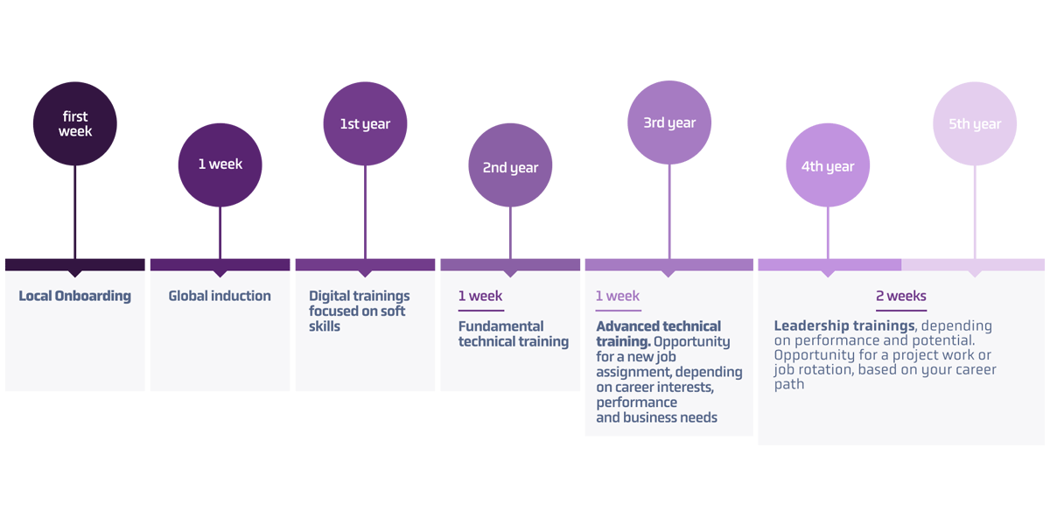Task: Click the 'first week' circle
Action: coord(75,123)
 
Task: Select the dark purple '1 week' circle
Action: coord(220,164)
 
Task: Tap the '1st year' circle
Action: coord(365,123)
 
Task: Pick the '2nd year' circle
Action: coord(510,166)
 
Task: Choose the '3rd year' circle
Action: coord(669,122)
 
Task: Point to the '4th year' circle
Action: coord(828,165)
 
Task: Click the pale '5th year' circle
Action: coord(975,123)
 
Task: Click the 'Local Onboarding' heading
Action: coord(75,296)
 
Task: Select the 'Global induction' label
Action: coord(220,296)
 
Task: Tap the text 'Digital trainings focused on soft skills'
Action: coord(359,311)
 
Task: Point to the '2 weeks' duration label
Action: coord(901,296)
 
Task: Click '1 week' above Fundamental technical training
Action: coord(480,296)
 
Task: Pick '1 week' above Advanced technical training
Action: coord(618,296)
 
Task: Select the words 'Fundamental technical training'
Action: coord(513,333)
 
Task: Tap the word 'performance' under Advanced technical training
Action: coord(637,402)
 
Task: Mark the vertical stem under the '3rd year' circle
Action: coord(669,210)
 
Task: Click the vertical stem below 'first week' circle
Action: coord(75,210)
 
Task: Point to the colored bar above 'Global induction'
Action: coord(220,264)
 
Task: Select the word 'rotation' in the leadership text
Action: coord(824,370)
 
